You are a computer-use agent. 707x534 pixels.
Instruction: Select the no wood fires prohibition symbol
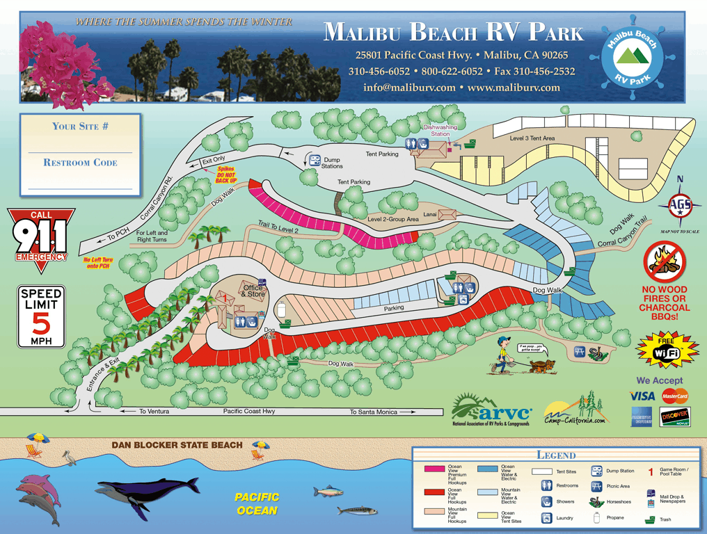[665, 261]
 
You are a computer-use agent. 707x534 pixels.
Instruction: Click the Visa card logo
[642, 396]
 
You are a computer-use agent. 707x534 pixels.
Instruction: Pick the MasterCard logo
[674, 396]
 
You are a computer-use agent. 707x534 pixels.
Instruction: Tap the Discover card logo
[674, 416]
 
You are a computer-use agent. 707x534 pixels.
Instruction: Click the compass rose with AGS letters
[679, 204]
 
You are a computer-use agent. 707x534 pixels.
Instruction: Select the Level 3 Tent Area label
[532, 138]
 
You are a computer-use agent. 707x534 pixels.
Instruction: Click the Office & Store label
[253, 291]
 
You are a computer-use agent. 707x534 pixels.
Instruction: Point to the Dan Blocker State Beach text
[177, 445]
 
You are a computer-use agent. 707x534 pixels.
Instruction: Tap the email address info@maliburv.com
[409, 88]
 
